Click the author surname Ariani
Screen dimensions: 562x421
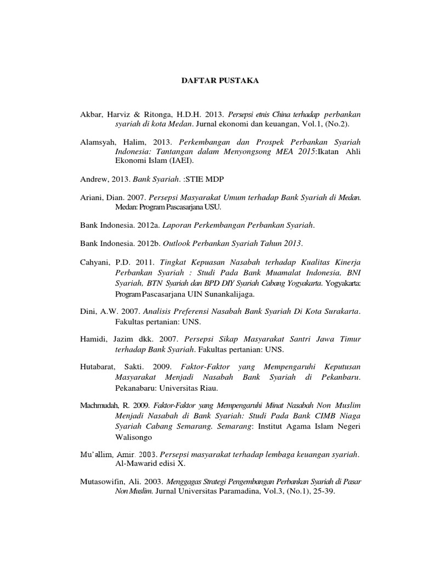click(93, 197)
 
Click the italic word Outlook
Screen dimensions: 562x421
click(179, 243)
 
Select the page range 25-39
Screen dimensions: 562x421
click(323, 491)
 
